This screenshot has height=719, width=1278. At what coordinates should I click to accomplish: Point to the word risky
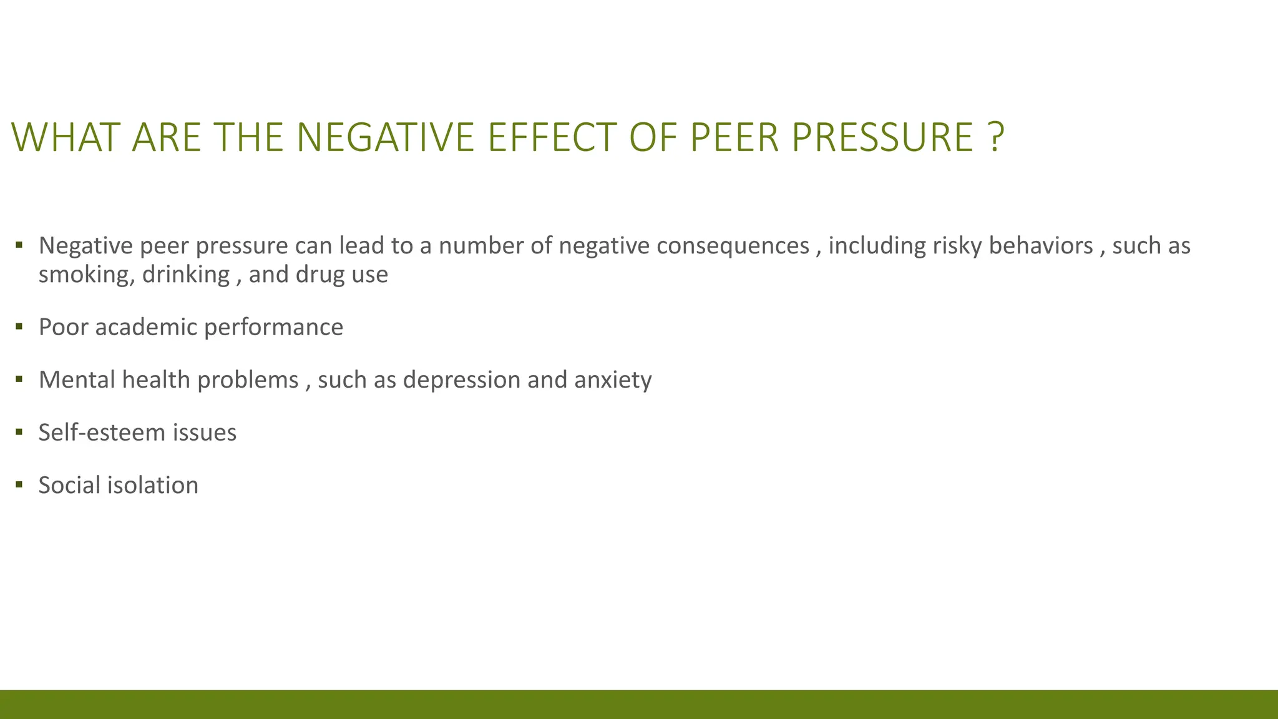tap(957, 246)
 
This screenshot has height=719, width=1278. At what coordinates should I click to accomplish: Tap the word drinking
tap(186, 275)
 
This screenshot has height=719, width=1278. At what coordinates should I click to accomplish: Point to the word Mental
tap(77, 380)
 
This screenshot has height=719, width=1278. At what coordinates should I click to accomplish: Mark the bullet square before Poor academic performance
tap(19, 326)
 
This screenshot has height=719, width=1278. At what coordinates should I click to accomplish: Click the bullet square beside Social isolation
tap(19, 484)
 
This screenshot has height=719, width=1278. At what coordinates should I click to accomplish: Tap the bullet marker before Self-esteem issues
tap(19, 431)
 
